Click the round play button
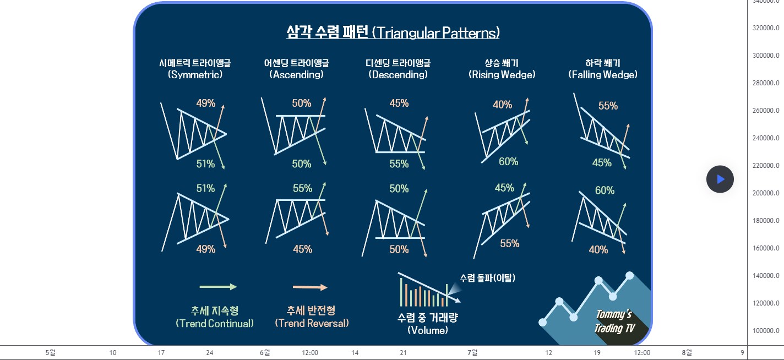coord(720,179)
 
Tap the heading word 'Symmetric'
coord(195,74)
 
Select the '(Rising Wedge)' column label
coord(502,74)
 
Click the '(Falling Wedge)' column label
coord(603,74)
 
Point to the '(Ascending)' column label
coord(296,74)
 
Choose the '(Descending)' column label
coord(398,74)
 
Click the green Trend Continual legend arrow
coord(218,287)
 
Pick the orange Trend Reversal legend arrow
coord(310,287)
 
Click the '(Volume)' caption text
coord(428,330)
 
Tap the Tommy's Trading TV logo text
coord(614,321)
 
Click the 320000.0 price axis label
coord(766,28)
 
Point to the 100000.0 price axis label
coord(766,331)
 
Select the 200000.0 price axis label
coord(766,193)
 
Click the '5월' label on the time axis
coord(51,353)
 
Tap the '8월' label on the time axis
coord(687,353)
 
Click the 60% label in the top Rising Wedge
coord(509,162)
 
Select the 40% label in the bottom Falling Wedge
coord(598,250)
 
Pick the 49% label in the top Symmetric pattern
coord(206,103)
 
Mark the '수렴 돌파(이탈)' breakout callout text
coord(487,278)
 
